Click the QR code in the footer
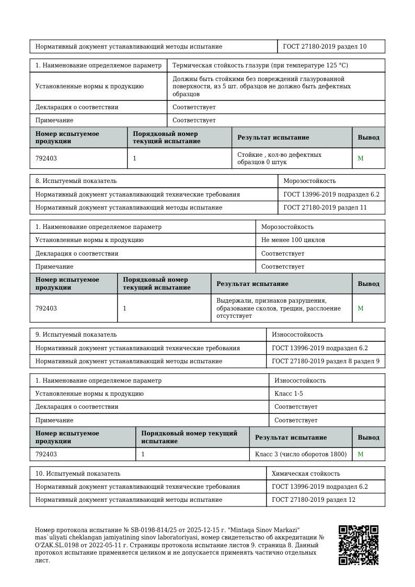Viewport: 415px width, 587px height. [358, 545]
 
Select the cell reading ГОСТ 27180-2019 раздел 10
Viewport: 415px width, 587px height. [325, 47]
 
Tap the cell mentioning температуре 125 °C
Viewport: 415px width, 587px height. [260, 65]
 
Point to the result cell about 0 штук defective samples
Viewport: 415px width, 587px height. [279, 158]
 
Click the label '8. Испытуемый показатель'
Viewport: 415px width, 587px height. [76, 181]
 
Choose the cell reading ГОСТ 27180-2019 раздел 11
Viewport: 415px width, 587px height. [325, 208]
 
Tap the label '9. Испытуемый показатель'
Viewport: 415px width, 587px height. [76, 335]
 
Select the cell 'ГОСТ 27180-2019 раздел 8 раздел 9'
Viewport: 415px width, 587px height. [326, 361]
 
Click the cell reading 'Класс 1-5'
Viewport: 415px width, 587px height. [289, 394]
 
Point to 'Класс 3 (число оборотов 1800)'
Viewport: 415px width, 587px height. [301, 454]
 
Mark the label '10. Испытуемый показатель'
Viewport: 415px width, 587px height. [77, 474]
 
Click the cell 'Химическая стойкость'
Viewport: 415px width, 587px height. [306, 474]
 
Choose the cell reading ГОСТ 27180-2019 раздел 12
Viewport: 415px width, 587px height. [314, 500]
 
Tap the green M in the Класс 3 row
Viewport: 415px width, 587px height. [361, 454]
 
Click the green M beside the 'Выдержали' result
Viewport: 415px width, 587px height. [361, 308]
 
